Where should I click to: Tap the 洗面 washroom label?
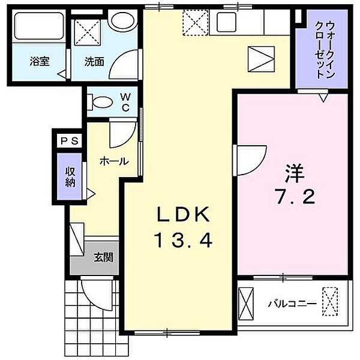93,61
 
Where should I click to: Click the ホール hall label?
112,161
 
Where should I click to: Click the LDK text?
183,214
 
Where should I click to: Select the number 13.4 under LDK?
183,241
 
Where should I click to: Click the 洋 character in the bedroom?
295,174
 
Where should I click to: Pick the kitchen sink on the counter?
228,23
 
